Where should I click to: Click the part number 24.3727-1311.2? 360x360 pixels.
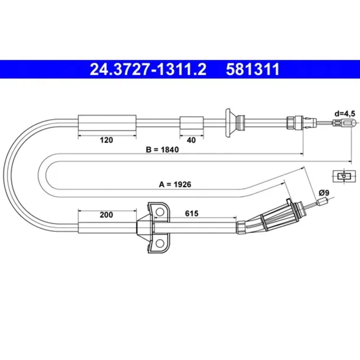[x=148, y=69]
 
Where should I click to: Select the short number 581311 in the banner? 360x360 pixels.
[x=253, y=69]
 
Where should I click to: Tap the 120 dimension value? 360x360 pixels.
[x=106, y=140]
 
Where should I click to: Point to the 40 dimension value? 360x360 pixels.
[x=191, y=140]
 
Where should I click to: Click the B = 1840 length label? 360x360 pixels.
[x=162, y=149]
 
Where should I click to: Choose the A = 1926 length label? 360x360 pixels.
[x=175, y=184]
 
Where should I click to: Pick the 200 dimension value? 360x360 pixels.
[x=106, y=215]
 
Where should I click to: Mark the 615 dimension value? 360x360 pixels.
[x=191, y=213]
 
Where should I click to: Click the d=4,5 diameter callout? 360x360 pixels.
[x=345, y=114]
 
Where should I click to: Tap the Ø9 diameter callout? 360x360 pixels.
[x=324, y=192]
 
